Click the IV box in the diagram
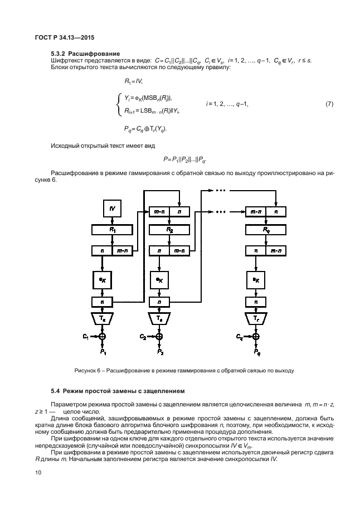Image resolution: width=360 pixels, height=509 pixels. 113,209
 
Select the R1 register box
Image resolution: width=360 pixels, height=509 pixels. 112,230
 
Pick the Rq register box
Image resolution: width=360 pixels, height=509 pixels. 266,230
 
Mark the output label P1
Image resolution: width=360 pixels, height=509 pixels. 103,352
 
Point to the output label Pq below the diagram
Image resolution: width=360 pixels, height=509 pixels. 256,352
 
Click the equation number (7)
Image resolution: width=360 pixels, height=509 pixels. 329,104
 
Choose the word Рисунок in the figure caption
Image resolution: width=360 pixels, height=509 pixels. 86,370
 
